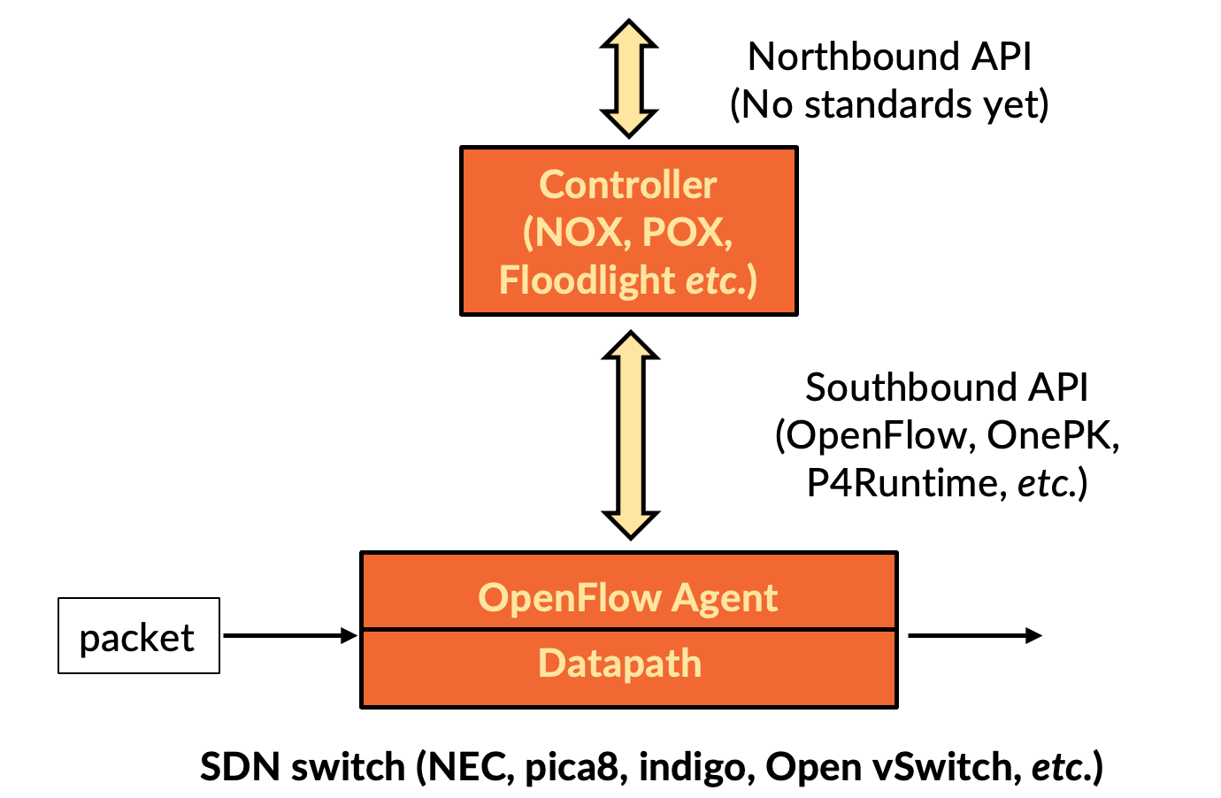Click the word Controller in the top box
point(627,185)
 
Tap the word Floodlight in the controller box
point(587,280)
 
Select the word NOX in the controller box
point(577,233)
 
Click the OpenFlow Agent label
point(627,598)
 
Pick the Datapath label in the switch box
point(619,664)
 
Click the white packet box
point(138,636)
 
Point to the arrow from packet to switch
point(289,635)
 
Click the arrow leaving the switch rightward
point(974,635)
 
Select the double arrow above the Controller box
point(628,79)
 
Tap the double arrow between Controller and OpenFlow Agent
point(630,435)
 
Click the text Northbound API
point(889,57)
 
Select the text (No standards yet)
point(889,104)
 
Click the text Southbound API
point(946,387)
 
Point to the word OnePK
point(1052,435)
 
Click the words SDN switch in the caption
point(302,766)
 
